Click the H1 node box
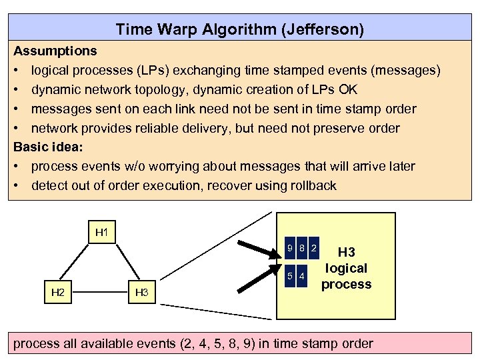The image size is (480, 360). click(x=102, y=233)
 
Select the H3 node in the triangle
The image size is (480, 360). click(x=141, y=291)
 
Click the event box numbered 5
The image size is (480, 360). click(x=289, y=276)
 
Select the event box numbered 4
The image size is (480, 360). click(x=302, y=276)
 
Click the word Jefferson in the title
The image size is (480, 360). click(x=327, y=29)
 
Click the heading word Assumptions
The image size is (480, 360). click(x=55, y=51)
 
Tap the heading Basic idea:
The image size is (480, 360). click(x=48, y=147)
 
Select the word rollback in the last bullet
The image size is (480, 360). click(x=311, y=185)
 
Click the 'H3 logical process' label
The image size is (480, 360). click(x=346, y=268)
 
